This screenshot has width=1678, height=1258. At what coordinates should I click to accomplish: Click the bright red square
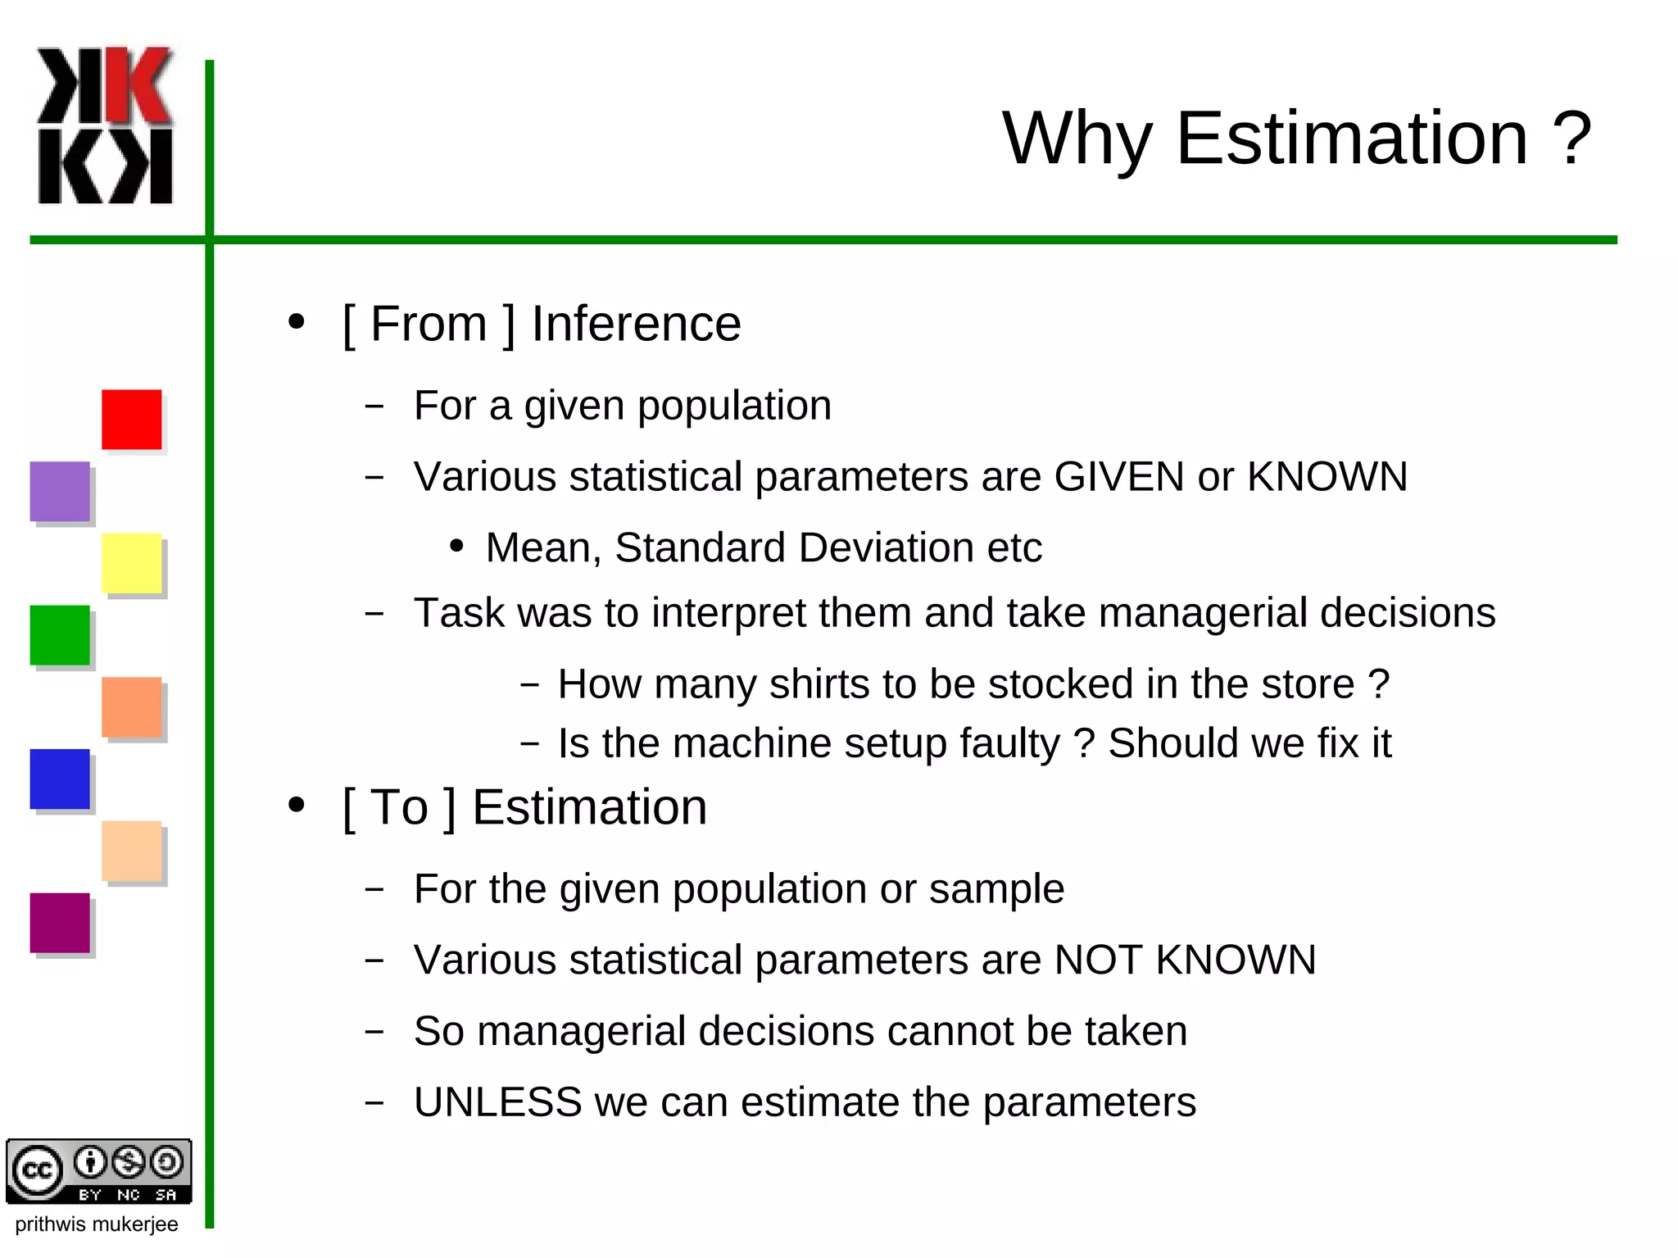(x=131, y=419)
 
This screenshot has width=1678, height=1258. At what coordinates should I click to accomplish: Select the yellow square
(x=131, y=563)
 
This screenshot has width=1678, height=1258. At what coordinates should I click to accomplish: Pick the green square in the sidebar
(x=60, y=635)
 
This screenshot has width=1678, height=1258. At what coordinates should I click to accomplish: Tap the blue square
(x=60, y=779)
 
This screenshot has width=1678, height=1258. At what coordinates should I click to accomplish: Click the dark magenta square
(x=60, y=923)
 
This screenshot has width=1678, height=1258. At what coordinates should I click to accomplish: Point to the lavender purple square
(x=60, y=491)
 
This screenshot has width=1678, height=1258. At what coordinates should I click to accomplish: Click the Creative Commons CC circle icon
(x=35, y=1170)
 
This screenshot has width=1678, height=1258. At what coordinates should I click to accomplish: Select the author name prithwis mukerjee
(x=97, y=1224)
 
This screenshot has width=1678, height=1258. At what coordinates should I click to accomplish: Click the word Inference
(x=636, y=324)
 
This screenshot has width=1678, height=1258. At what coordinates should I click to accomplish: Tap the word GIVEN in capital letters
(x=1119, y=477)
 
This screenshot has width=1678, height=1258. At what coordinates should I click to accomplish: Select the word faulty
(x=1009, y=744)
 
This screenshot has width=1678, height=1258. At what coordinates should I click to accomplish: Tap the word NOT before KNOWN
(x=1098, y=960)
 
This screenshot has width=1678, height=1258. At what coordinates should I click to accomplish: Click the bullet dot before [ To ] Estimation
(x=297, y=805)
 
